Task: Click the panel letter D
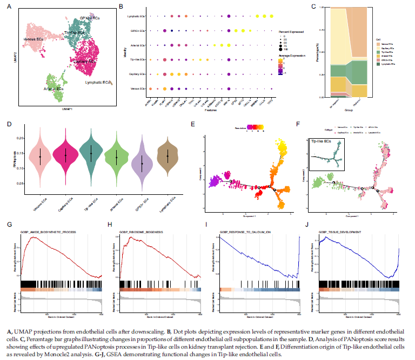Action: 10,124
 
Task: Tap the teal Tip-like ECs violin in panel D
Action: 91,153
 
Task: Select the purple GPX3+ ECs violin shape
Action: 142,162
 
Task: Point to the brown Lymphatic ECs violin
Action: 168,156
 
